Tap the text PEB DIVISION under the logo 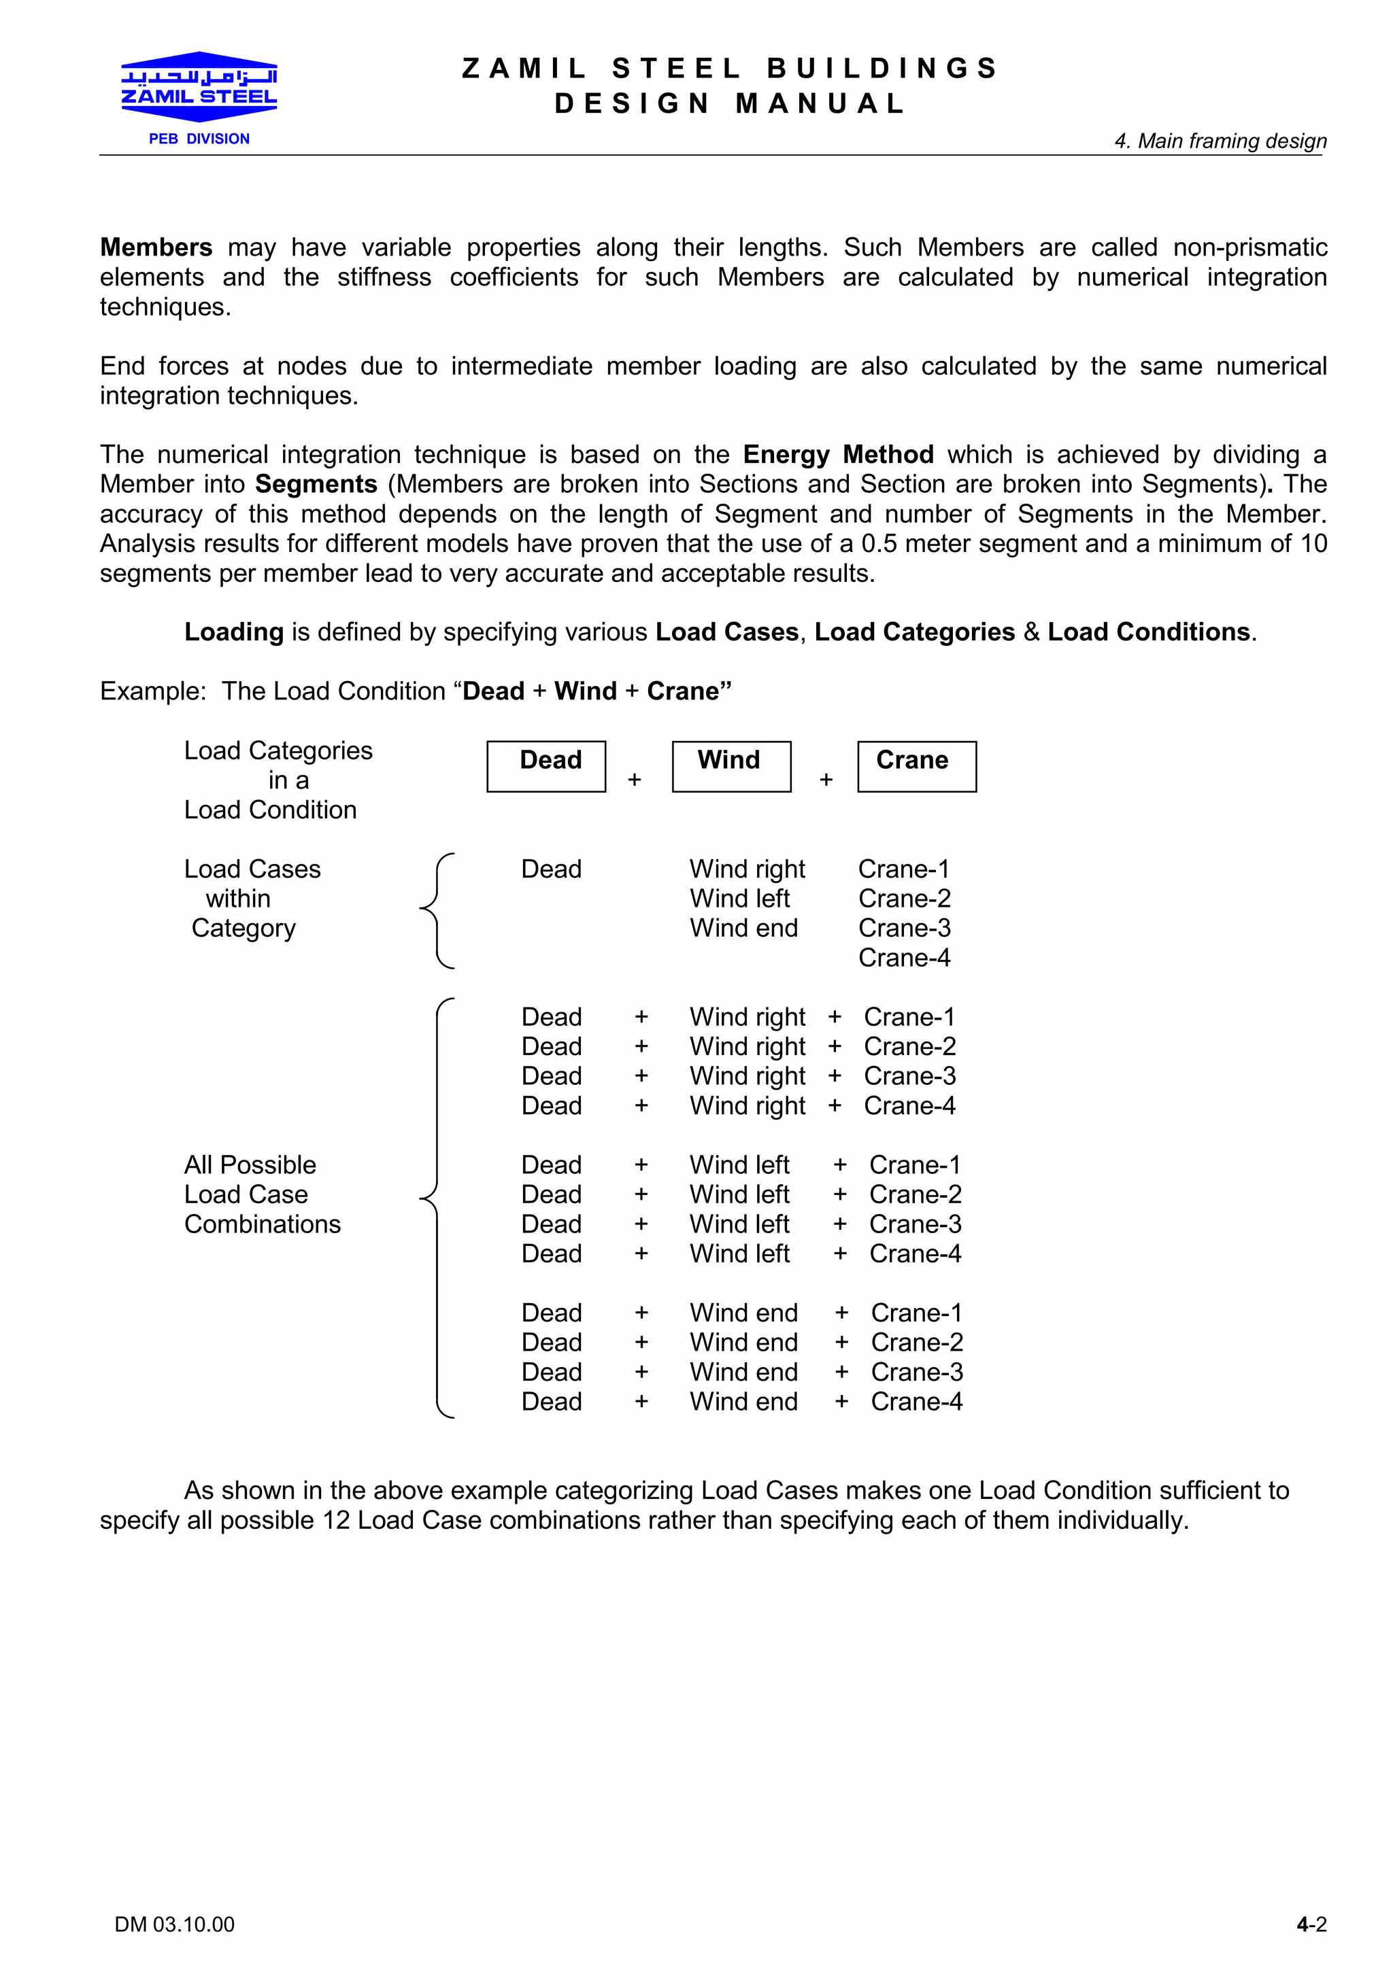pyautogui.click(x=199, y=139)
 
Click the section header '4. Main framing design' pyautogui.click(x=1220, y=141)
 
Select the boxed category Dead pyautogui.click(x=547, y=765)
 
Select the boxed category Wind pyautogui.click(x=731, y=765)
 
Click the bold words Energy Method pyautogui.click(x=838, y=454)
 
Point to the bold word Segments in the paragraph pyautogui.click(x=316, y=484)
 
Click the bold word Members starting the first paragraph pyautogui.click(x=156, y=247)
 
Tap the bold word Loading pyautogui.click(x=233, y=632)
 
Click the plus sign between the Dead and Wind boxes pyautogui.click(x=635, y=779)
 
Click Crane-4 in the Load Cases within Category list pyautogui.click(x=904, y=958)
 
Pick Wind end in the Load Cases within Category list pyautogui.click(x=743, y=929)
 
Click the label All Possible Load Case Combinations pyautogui.click(x=262, y=1194)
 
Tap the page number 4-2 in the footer pyautogui.click(x=1311, y=1924)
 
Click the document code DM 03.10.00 pyautogui.click(x=174, y=1924)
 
